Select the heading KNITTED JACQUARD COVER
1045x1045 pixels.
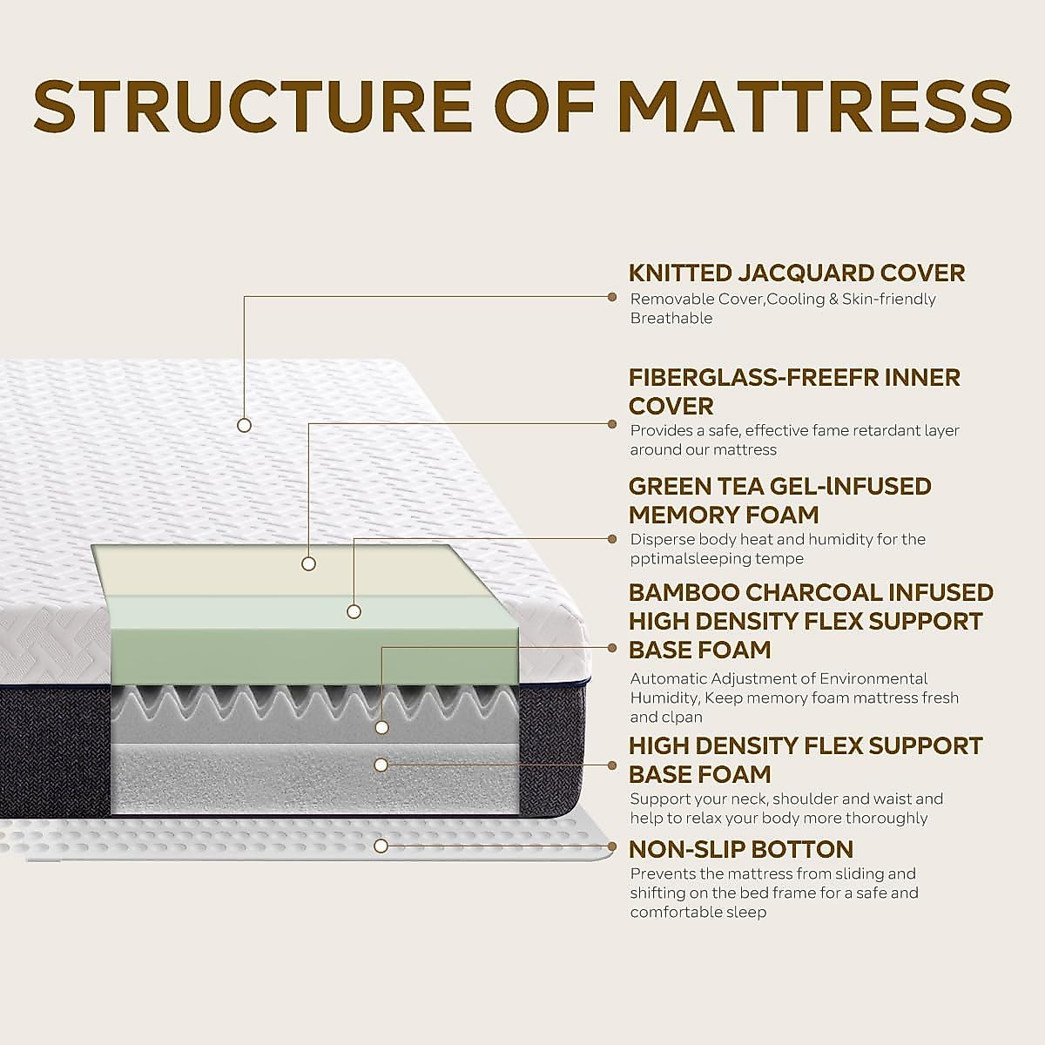coord(797,273)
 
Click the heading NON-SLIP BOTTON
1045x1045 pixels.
coord(741,849)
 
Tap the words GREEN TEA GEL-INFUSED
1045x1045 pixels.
coord(780,486)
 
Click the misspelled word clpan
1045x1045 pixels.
coord(684,718)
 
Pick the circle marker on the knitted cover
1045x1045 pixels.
coord(245,425)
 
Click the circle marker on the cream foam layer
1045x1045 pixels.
coord(308,563)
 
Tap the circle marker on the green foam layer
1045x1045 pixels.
coord(354,611)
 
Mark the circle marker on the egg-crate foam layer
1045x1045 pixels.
coord(381,726)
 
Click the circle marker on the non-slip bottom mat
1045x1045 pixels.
coord(381,846)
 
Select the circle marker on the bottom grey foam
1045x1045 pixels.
coord(381,765)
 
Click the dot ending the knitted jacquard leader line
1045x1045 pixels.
coord(611,296)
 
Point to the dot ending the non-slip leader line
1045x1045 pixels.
coord(611,846)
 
